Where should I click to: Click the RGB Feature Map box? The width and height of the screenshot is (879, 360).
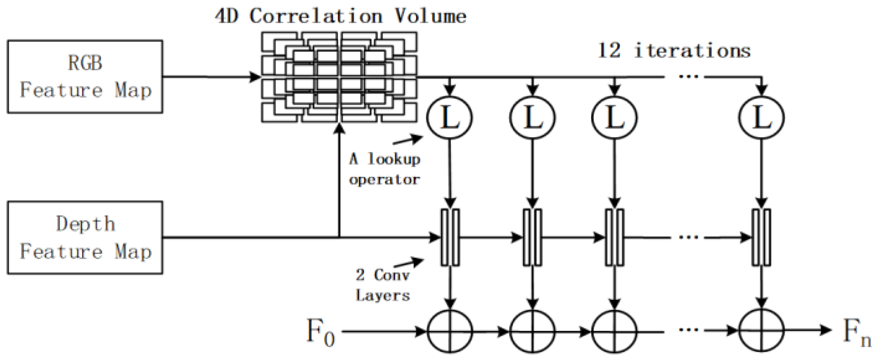[x=85, y=77]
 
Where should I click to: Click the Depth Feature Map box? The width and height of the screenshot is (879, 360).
[x=85, y=238]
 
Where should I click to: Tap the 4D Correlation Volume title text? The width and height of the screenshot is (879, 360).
[x=340, y=17]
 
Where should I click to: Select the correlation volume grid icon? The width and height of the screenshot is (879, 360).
[x=339, y=77]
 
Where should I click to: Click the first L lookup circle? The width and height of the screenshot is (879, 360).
[x=450, y=118]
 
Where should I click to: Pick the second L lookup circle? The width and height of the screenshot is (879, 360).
[x=532, y=118]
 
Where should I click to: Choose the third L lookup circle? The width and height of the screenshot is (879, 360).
[x=614, y=118]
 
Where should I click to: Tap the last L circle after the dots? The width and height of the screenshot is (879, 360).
[x=761, y=118]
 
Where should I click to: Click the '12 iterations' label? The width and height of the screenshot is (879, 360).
[x=674, y=51]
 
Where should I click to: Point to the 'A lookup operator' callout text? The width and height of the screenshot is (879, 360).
[x=385, y=169]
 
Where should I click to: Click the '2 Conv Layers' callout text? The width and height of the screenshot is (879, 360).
[x=383, y=285]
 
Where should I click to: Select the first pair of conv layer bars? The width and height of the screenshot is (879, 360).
[x=450, y=238]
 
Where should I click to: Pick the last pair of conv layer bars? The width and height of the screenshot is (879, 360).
[x=761, y=238]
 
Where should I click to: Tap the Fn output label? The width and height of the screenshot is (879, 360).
[x=856, y=332]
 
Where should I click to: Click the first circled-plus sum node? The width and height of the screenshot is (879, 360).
[x=450, y=331]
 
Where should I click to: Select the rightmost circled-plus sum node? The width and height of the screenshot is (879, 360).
[x=761, y=331]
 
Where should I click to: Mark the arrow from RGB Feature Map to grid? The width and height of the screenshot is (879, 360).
[x=211, y=77]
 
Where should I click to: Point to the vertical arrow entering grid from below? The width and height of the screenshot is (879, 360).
[x=339, y=182]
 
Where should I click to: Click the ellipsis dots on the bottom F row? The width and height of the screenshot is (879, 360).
[x=689, y=330]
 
